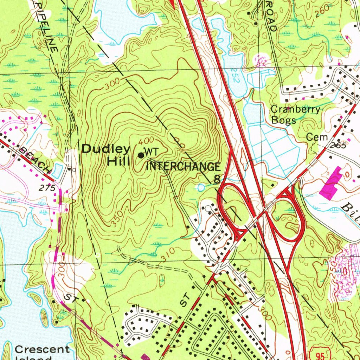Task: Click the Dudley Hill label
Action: (106, 155)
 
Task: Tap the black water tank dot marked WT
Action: (141, 155)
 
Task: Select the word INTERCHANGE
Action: (183, 167)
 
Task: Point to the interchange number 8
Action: (217, 180)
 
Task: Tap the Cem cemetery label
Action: (317, 137)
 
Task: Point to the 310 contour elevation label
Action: (168, 256)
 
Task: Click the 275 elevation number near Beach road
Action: (47, 188)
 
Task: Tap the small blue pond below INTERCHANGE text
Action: (201, 187)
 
